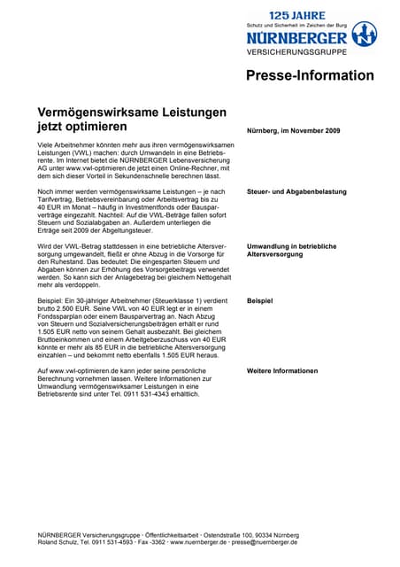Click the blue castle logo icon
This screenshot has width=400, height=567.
pos(365,35)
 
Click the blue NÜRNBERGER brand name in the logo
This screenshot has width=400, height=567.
pos(296,38)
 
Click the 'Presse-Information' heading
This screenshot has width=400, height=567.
pos(310,75)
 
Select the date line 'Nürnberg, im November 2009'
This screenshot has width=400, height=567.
pos(293,131)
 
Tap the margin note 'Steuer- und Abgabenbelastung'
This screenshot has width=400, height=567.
pos(296,191)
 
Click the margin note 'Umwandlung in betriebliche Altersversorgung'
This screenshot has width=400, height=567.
pos(291,250)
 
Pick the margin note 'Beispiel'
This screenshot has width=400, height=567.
pos(259,301)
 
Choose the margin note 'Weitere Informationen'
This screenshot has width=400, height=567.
pos(281,369)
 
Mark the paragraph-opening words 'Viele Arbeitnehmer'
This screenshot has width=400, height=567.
pos(66,144)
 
